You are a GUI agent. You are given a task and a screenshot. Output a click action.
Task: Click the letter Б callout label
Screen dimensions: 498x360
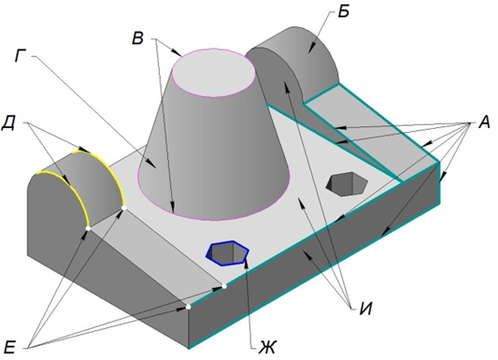coord(343,12)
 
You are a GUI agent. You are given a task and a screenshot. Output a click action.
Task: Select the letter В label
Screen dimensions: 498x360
coord(138,38)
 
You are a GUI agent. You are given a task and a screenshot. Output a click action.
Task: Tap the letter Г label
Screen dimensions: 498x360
coord(21,56)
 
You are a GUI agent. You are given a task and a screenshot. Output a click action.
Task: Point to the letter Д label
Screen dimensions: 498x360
coord(9,123)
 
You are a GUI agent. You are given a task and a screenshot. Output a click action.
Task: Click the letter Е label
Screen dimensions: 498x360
coord(9,347)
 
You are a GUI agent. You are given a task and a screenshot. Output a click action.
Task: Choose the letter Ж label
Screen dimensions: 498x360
coord(268,347)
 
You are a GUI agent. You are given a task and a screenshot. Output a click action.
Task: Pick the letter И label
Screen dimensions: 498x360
coord(365,308)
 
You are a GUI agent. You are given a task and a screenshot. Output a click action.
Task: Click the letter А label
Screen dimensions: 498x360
coord(484,122)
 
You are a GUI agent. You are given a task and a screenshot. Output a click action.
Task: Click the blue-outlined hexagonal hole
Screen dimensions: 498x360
coord(227,252)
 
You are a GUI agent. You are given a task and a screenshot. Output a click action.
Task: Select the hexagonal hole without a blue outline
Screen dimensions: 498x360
coord(348,184)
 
